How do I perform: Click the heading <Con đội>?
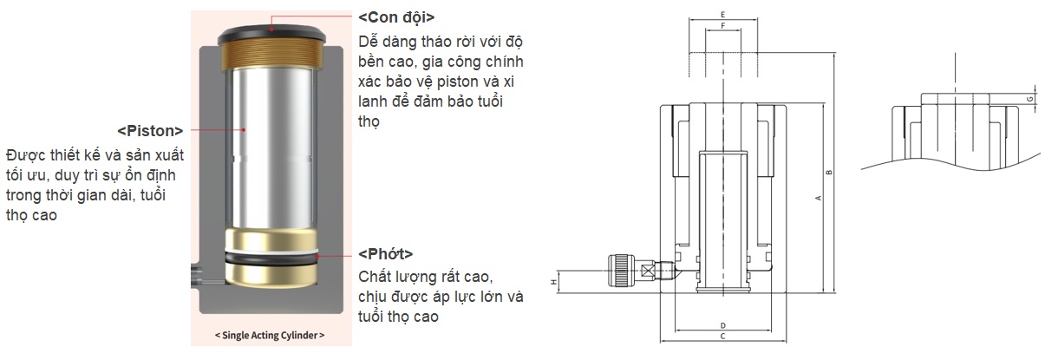396,17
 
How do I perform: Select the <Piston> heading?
150,131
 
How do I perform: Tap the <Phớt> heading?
386,254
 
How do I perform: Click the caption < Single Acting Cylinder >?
270,335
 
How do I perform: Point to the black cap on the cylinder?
271,34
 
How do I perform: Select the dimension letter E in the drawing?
722,15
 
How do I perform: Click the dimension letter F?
723,26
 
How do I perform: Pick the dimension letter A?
818,198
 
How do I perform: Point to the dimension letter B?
829,173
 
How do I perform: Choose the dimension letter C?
722,337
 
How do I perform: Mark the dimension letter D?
723,325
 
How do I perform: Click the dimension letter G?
1029,99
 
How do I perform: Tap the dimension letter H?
554,282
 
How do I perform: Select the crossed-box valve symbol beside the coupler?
647,272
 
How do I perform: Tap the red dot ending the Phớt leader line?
317,256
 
